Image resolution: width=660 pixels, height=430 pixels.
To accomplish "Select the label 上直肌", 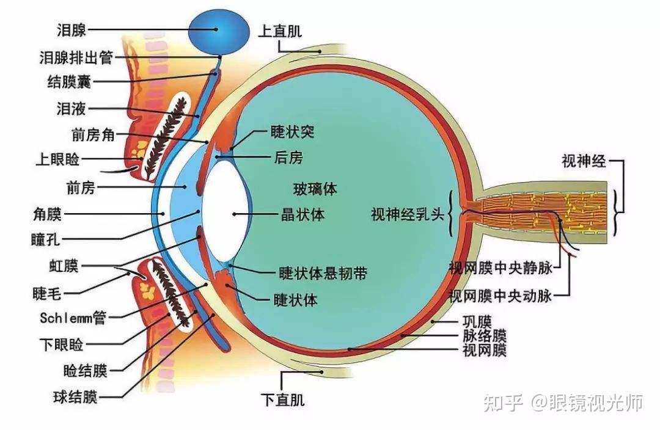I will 280,31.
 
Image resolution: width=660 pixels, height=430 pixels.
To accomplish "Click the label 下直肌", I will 282,400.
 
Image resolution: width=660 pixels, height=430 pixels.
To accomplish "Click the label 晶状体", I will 302,214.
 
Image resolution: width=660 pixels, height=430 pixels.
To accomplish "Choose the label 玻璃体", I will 315,189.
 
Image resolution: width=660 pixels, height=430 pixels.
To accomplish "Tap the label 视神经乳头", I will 409,214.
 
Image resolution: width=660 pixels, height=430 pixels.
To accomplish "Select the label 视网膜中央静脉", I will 501,268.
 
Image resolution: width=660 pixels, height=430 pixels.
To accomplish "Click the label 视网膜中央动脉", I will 501,296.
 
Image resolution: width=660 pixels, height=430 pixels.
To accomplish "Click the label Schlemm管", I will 72,318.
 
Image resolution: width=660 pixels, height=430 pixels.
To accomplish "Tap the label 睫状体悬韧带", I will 323,273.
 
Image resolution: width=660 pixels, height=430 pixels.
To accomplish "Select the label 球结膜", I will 75,398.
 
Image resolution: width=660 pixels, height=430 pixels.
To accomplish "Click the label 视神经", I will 584,161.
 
